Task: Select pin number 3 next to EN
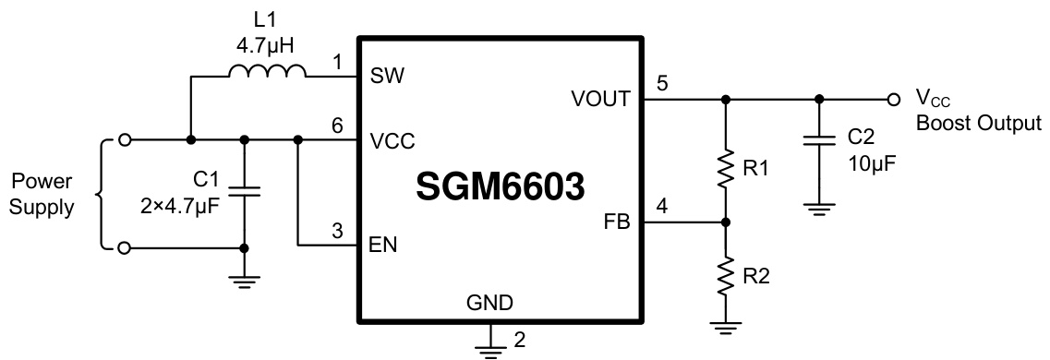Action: point(340,230)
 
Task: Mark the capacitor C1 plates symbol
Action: point(245,190)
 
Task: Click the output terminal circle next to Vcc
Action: point(892,99)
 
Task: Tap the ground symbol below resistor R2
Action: point(726,324)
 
